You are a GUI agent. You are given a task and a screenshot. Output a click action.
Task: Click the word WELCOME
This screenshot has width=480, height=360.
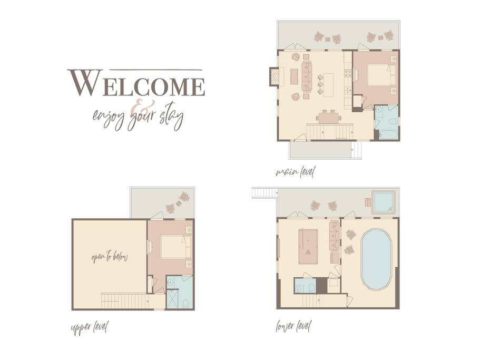click(x=136, y=83)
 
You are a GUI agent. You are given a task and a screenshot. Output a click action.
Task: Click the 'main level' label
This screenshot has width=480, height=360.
click(x=295, y=172)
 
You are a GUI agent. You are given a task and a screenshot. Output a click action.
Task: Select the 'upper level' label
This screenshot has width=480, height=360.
click(x=90, y=328)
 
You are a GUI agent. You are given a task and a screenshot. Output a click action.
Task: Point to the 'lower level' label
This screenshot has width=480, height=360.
click(x=293, y=326)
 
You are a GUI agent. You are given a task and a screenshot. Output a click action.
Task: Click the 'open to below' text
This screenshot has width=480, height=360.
click(x=109, y=257)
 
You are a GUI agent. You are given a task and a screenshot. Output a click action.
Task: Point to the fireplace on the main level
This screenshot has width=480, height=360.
click(x=275, y=76)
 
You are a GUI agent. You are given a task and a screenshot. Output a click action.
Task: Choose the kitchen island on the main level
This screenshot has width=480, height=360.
click(x=328, y=85)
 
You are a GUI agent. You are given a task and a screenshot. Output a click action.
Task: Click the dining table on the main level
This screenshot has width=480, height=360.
click(x=328, y=118)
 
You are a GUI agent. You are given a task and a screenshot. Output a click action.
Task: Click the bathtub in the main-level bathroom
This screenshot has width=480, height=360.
click(x=388, y=135)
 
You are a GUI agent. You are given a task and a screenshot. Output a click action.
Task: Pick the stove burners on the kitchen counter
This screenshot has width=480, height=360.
click(x=348, y=73)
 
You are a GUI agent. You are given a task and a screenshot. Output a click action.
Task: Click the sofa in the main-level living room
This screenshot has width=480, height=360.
click(x=307, y=76)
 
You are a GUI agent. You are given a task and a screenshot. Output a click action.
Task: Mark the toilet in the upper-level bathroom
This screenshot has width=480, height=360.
click(x=185, y=304)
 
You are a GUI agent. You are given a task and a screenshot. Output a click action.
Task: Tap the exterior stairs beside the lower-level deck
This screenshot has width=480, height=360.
click(x=264, y=193)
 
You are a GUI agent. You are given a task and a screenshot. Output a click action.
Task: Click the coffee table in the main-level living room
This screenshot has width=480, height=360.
click(x=294, y=77)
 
